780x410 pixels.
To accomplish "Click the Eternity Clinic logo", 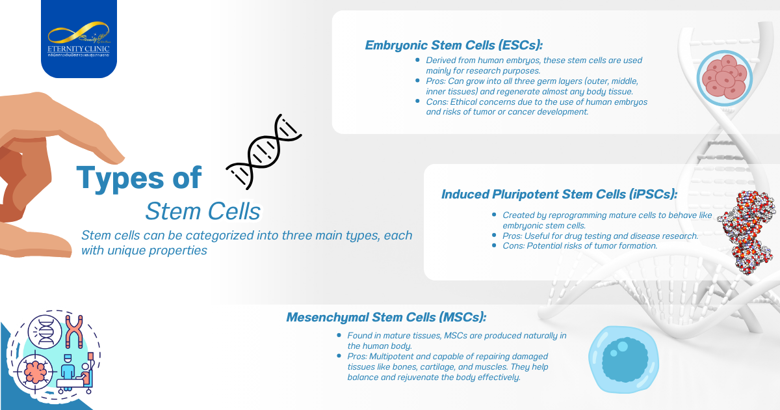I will coord(79,41).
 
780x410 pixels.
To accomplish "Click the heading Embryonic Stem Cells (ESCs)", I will coord(453,46).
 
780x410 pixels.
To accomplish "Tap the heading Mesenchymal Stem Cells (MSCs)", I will coord(386,318).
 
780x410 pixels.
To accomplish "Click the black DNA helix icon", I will coord(263,152).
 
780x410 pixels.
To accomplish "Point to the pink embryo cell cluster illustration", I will coord(724,77).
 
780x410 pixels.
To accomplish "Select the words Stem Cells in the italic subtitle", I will coord(203,211).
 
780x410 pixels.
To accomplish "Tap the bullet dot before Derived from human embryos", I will coord(418,60).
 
